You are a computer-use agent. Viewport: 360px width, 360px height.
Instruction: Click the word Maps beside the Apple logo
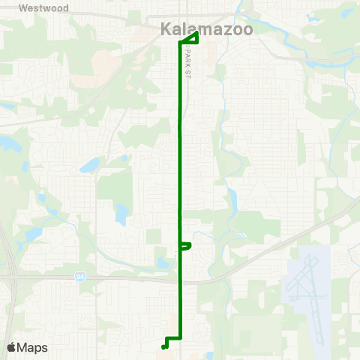pyautogui.click(x=32, y=347)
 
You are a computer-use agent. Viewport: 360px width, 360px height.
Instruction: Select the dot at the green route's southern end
pyautogui.click(x=163, y=346)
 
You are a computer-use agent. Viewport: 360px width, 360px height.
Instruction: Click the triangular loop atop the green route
pyautogui.click(x=190, y=38)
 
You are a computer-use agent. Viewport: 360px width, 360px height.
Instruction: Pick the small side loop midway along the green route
pyautogui.click(x=186, y=245)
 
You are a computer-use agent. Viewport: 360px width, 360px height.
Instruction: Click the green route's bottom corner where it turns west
pyautogui.click(x=180, y=339)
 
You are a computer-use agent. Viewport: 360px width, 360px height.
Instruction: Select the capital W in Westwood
pyautogui.click(x=22, y=8)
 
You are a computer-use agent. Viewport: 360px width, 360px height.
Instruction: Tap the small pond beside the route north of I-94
pyautogui.click(x=163, y=262)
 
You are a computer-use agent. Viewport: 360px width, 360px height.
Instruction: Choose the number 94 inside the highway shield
pyautogui.click(x=79, y=276)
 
